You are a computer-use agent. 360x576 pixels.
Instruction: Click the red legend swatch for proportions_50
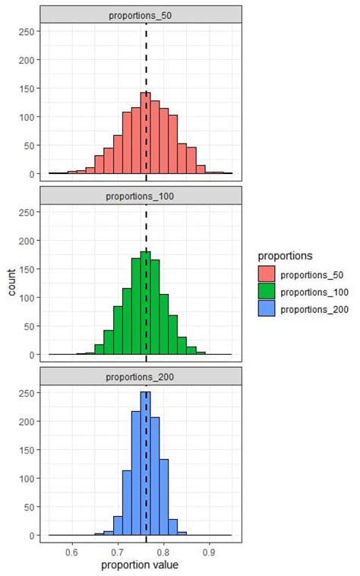267,274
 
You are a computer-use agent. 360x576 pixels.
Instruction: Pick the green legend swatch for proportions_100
267,292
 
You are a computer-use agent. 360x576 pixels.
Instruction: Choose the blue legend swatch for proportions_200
267,309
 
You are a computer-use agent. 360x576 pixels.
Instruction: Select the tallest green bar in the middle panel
146,303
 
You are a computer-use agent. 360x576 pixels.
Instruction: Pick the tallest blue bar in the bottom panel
146,464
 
